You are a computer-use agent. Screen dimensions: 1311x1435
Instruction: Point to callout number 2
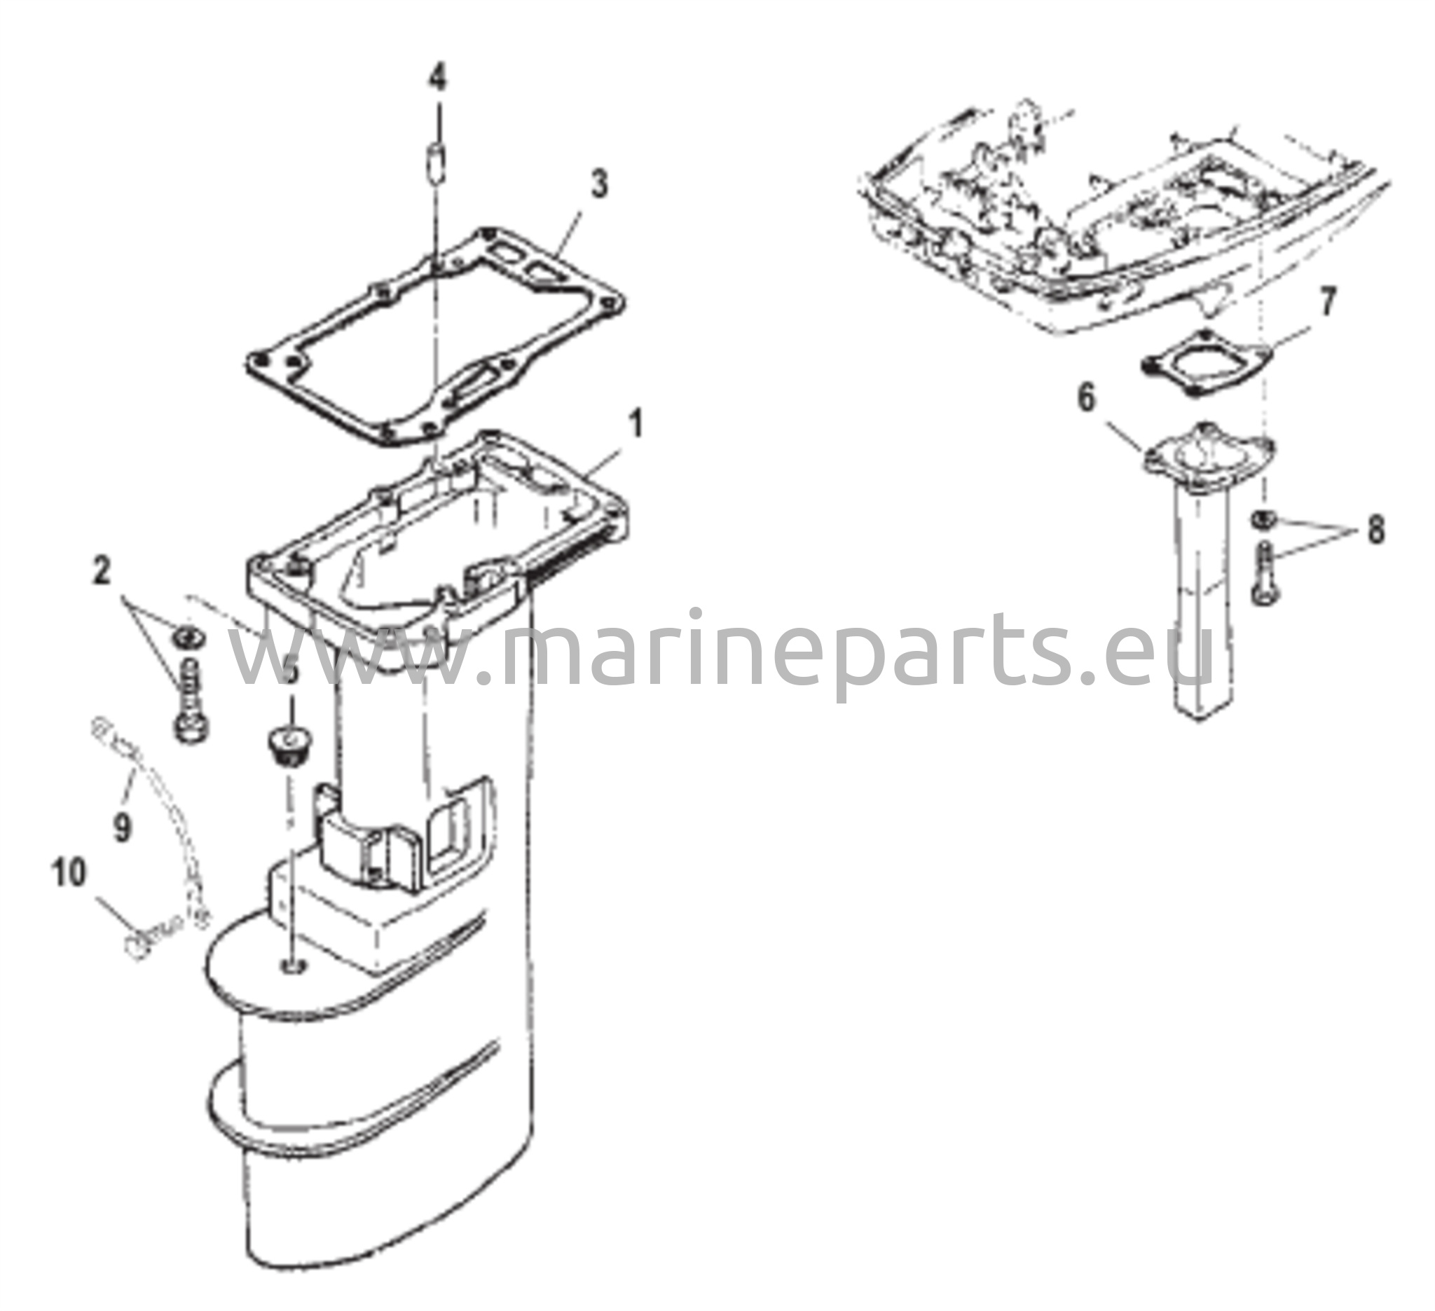click(102, 571)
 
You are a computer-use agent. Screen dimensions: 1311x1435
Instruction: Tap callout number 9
click(123, 827)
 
